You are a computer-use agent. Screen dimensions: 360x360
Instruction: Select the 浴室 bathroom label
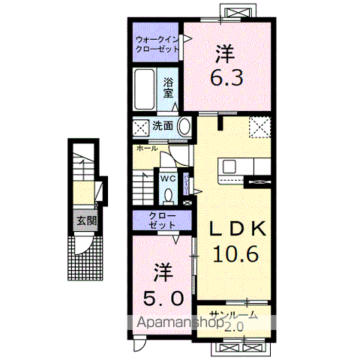169,88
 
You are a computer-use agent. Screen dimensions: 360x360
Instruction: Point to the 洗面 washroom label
163,127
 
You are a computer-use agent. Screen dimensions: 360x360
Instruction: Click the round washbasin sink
184,127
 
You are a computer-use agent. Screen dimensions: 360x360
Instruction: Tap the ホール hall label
147,148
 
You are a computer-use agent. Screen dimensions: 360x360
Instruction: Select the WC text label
167,179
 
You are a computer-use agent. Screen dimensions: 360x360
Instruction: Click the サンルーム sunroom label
234,316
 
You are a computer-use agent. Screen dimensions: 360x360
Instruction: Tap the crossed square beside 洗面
141,127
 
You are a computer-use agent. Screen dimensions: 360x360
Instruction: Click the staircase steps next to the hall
142,184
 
